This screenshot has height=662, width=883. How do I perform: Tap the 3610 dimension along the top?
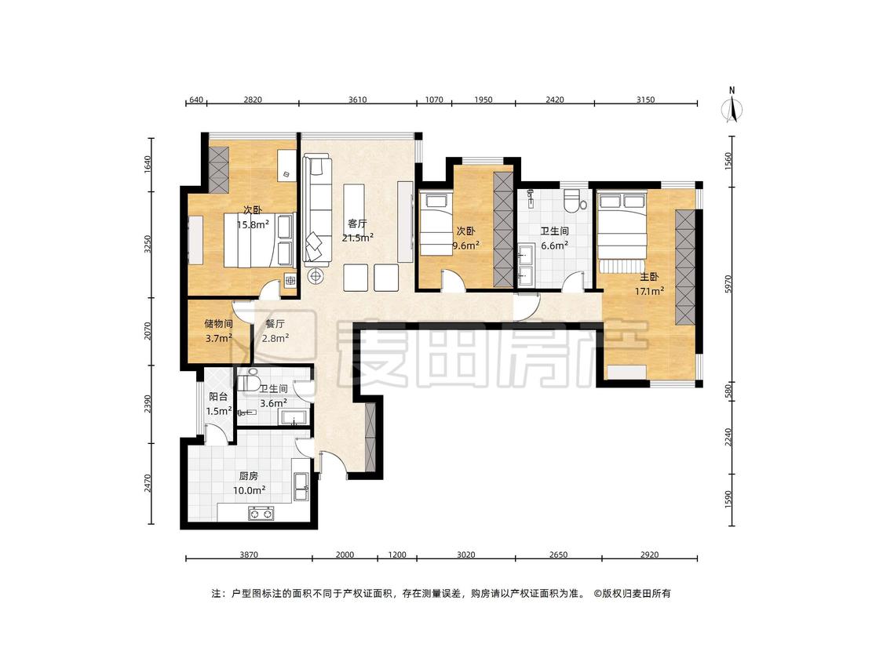(x=358, y=100)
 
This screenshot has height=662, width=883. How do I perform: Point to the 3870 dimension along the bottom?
(x=249, y=555)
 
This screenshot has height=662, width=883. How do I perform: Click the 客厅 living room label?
(x=358, y=224)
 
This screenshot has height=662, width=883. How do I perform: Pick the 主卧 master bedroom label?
(x=649, y=277)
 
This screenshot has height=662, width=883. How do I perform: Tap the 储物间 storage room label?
(x=218, y=324)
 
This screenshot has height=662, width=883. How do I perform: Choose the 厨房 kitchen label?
(x=249, y=476)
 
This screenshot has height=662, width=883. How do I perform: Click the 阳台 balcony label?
(x=218, y=397)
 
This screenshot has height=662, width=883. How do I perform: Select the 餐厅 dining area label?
(x=275, y=324)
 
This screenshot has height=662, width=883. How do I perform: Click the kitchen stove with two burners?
(x=261, y=514)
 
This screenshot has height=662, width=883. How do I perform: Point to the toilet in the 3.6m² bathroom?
(x=248, y=382)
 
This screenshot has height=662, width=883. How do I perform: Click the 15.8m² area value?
(x=253, y=224)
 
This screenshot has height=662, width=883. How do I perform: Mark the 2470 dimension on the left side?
(x=148, y=484)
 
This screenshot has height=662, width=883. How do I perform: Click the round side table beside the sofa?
(x=316, y=276)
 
